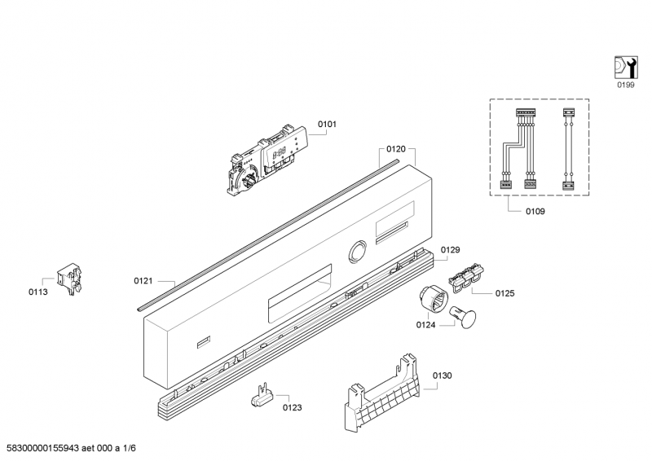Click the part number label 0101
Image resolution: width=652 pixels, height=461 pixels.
pos(328,124)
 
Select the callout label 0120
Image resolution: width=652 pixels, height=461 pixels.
pos(396,149)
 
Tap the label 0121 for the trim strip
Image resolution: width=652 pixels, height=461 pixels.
pos(143,281)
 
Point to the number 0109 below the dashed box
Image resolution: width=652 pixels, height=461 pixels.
pos(535,212)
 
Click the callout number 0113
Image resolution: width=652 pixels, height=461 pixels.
pos(37,292)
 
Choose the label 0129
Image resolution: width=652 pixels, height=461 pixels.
pos(451,250)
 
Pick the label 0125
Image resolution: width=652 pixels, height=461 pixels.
pos(504,293)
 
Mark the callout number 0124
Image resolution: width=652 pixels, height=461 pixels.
pos(425,325)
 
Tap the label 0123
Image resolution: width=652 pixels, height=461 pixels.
pos(293,408)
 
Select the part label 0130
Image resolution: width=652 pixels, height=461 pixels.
pos(442,375)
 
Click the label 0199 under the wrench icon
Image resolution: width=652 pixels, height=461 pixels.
pos(626,86)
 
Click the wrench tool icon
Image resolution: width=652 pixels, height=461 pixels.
pos(626,67)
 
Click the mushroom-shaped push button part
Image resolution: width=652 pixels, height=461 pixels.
pos(464,317)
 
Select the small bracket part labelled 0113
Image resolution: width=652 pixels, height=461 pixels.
pos(69,279)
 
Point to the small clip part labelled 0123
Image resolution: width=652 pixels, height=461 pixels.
pos(262,397)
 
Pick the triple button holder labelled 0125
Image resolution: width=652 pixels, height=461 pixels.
pos(466,276)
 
